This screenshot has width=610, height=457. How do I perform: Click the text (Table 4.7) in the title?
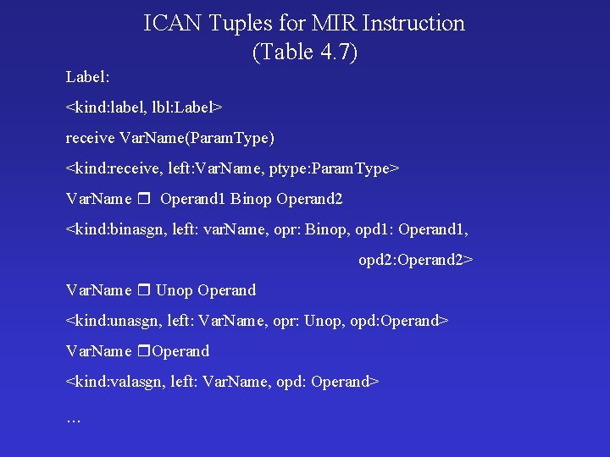[305, 52]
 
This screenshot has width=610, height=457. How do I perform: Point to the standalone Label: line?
[88, 77]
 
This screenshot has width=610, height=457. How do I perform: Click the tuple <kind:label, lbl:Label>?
[144, 107]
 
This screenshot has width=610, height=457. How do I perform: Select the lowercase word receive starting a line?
[91, 137]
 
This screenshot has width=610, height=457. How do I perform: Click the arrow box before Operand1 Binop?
[143, 200]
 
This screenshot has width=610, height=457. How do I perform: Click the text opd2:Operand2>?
[415, 260]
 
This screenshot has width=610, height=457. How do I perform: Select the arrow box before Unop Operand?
[143, 291]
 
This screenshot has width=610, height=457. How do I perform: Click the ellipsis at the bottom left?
[74, 417]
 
